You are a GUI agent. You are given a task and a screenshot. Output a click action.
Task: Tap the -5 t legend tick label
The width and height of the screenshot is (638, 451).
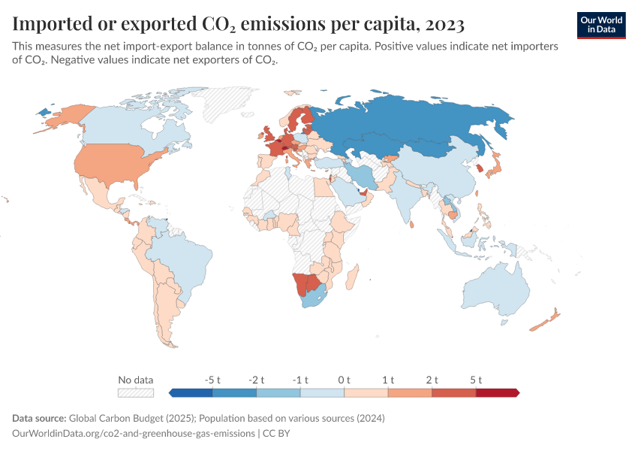coord(212,380)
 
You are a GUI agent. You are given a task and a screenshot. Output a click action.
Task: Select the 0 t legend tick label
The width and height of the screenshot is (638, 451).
coord(344,380)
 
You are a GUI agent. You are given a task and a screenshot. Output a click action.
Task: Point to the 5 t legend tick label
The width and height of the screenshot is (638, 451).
coord(475,380)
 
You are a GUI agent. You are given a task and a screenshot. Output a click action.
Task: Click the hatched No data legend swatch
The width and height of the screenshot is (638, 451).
coord(135,392)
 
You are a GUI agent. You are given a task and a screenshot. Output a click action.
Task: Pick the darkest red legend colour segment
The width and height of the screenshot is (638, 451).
coord(497,392)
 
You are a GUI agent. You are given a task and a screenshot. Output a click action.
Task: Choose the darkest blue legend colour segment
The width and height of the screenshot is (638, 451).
coord(191,392)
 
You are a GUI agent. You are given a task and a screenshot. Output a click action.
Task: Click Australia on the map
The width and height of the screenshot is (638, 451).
coord(499,289)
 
